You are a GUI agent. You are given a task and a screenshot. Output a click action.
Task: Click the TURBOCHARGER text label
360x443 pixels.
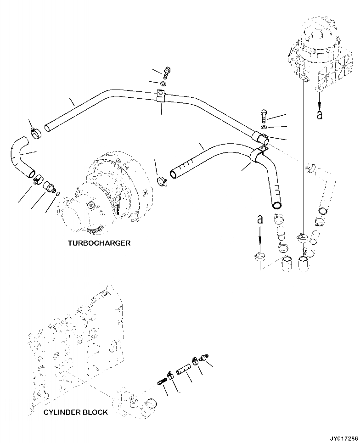(98, 243)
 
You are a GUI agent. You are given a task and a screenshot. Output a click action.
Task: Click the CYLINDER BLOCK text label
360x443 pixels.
(76, 412)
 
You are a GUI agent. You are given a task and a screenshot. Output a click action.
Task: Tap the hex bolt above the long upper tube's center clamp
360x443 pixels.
(167, 72)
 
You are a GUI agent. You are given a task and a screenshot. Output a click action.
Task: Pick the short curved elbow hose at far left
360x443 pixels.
(21, 160)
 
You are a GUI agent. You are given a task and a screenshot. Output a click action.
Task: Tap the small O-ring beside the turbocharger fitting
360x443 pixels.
(56, 194)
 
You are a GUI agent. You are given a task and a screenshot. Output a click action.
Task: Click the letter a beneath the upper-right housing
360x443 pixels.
(320, 114)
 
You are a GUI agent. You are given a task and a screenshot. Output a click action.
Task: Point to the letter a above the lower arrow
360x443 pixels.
(260, 220)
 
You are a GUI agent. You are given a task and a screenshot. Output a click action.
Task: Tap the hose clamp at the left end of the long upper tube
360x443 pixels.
(35, 134)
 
